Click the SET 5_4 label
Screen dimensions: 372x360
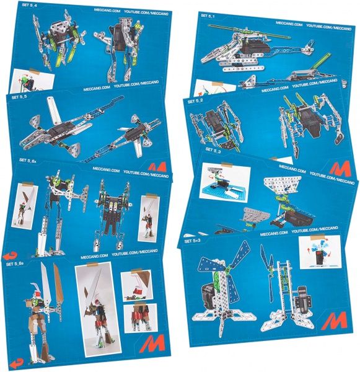(22, 7)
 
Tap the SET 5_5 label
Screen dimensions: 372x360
(19, 97)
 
